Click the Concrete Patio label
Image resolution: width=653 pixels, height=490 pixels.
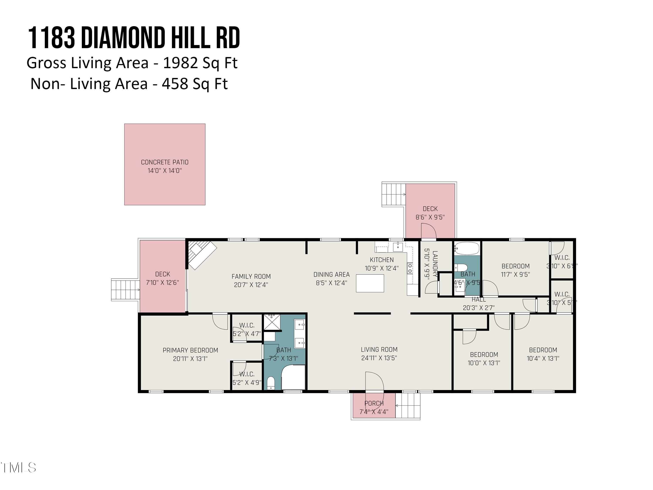click(164, 162)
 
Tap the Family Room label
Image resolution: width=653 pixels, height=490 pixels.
click(251, 276)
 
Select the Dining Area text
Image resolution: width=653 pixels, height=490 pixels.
click(331, 274)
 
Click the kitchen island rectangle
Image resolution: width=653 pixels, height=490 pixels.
click(370, 283)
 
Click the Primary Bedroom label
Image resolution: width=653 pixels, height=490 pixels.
click(190, 350)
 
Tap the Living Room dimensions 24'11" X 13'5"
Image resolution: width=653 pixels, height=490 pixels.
click(379, 358)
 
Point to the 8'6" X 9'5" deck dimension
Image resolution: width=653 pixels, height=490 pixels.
click(430, 217)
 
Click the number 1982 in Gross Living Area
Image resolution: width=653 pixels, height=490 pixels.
click(176, 63)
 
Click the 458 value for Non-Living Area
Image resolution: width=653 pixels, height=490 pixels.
click(175, 84)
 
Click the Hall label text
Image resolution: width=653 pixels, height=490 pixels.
click(478, 299)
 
